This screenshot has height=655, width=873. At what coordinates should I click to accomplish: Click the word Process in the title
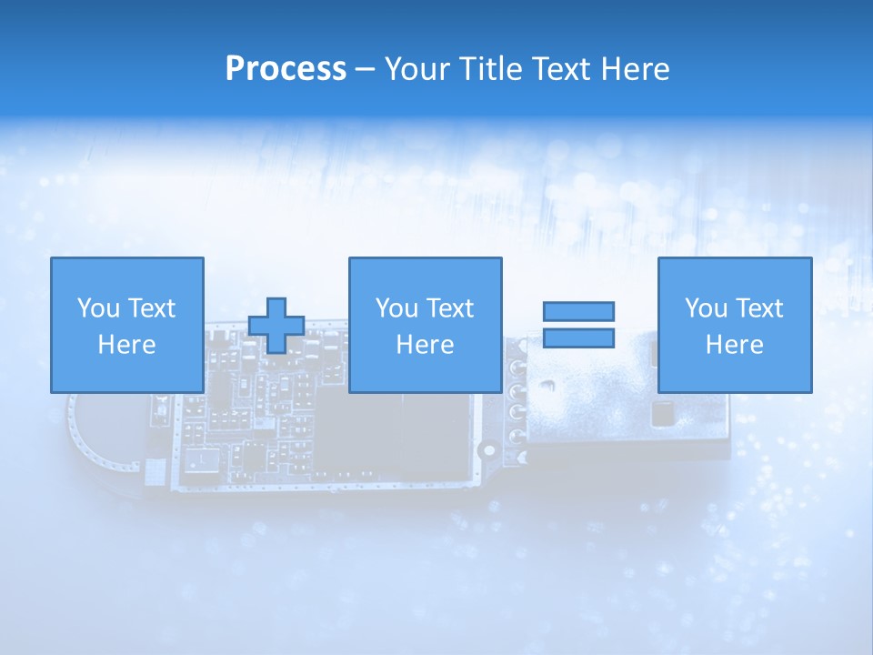(286, 69)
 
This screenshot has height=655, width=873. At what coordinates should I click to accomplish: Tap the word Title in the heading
(490, 69)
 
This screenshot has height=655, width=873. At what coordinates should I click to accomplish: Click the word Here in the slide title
(636, 69)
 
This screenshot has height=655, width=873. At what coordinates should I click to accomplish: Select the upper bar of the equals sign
(579, 311)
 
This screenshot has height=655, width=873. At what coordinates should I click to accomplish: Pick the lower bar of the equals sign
(579, 338)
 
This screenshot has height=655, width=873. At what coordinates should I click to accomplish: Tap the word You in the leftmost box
(97, 308)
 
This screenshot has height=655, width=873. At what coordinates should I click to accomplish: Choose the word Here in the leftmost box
(126, 345)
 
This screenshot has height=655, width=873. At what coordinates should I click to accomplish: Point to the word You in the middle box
(396, 308)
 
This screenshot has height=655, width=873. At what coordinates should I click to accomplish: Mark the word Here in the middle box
(425, 345)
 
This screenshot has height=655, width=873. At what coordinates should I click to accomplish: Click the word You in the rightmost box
(705, 308)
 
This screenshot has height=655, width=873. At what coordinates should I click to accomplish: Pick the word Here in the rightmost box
(734, 345)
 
